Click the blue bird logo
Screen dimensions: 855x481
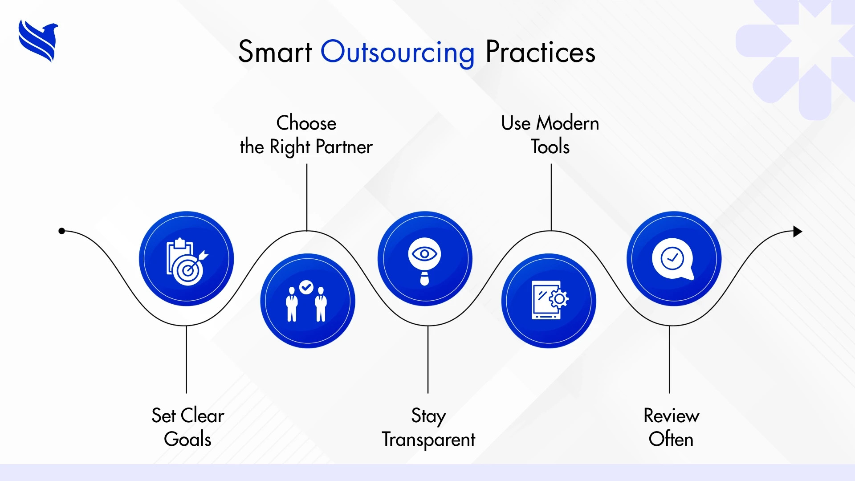[x=38, y=41]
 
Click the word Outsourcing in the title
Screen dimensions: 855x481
[x=398, y=53]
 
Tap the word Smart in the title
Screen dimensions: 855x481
[x=275, y=52]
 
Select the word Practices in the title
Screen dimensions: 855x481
[x=540, y=52]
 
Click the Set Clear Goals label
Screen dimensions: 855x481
[x=187, y=427]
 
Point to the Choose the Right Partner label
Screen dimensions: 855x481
[x=306, y=135]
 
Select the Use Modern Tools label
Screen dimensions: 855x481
[x=550, y=135]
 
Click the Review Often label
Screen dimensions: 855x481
[x=671, y=427]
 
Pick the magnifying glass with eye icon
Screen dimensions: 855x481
[x=424, y=261]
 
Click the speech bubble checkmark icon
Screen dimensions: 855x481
[x=673, y=259]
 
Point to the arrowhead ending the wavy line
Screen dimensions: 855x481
[x=798, y=232]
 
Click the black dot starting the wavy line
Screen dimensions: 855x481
[x=62, y=231]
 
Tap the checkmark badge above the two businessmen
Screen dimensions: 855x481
[x=306, y=287]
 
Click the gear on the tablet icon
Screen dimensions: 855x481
[x=559, y=299]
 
